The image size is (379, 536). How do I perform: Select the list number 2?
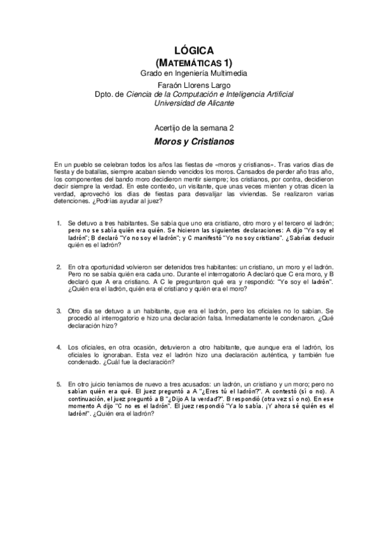click(x=58, y=268)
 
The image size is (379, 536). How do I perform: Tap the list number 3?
click(x=58, y=312)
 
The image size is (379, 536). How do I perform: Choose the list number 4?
click(x=58, y=348)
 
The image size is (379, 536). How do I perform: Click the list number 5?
click(x=58, y=384)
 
